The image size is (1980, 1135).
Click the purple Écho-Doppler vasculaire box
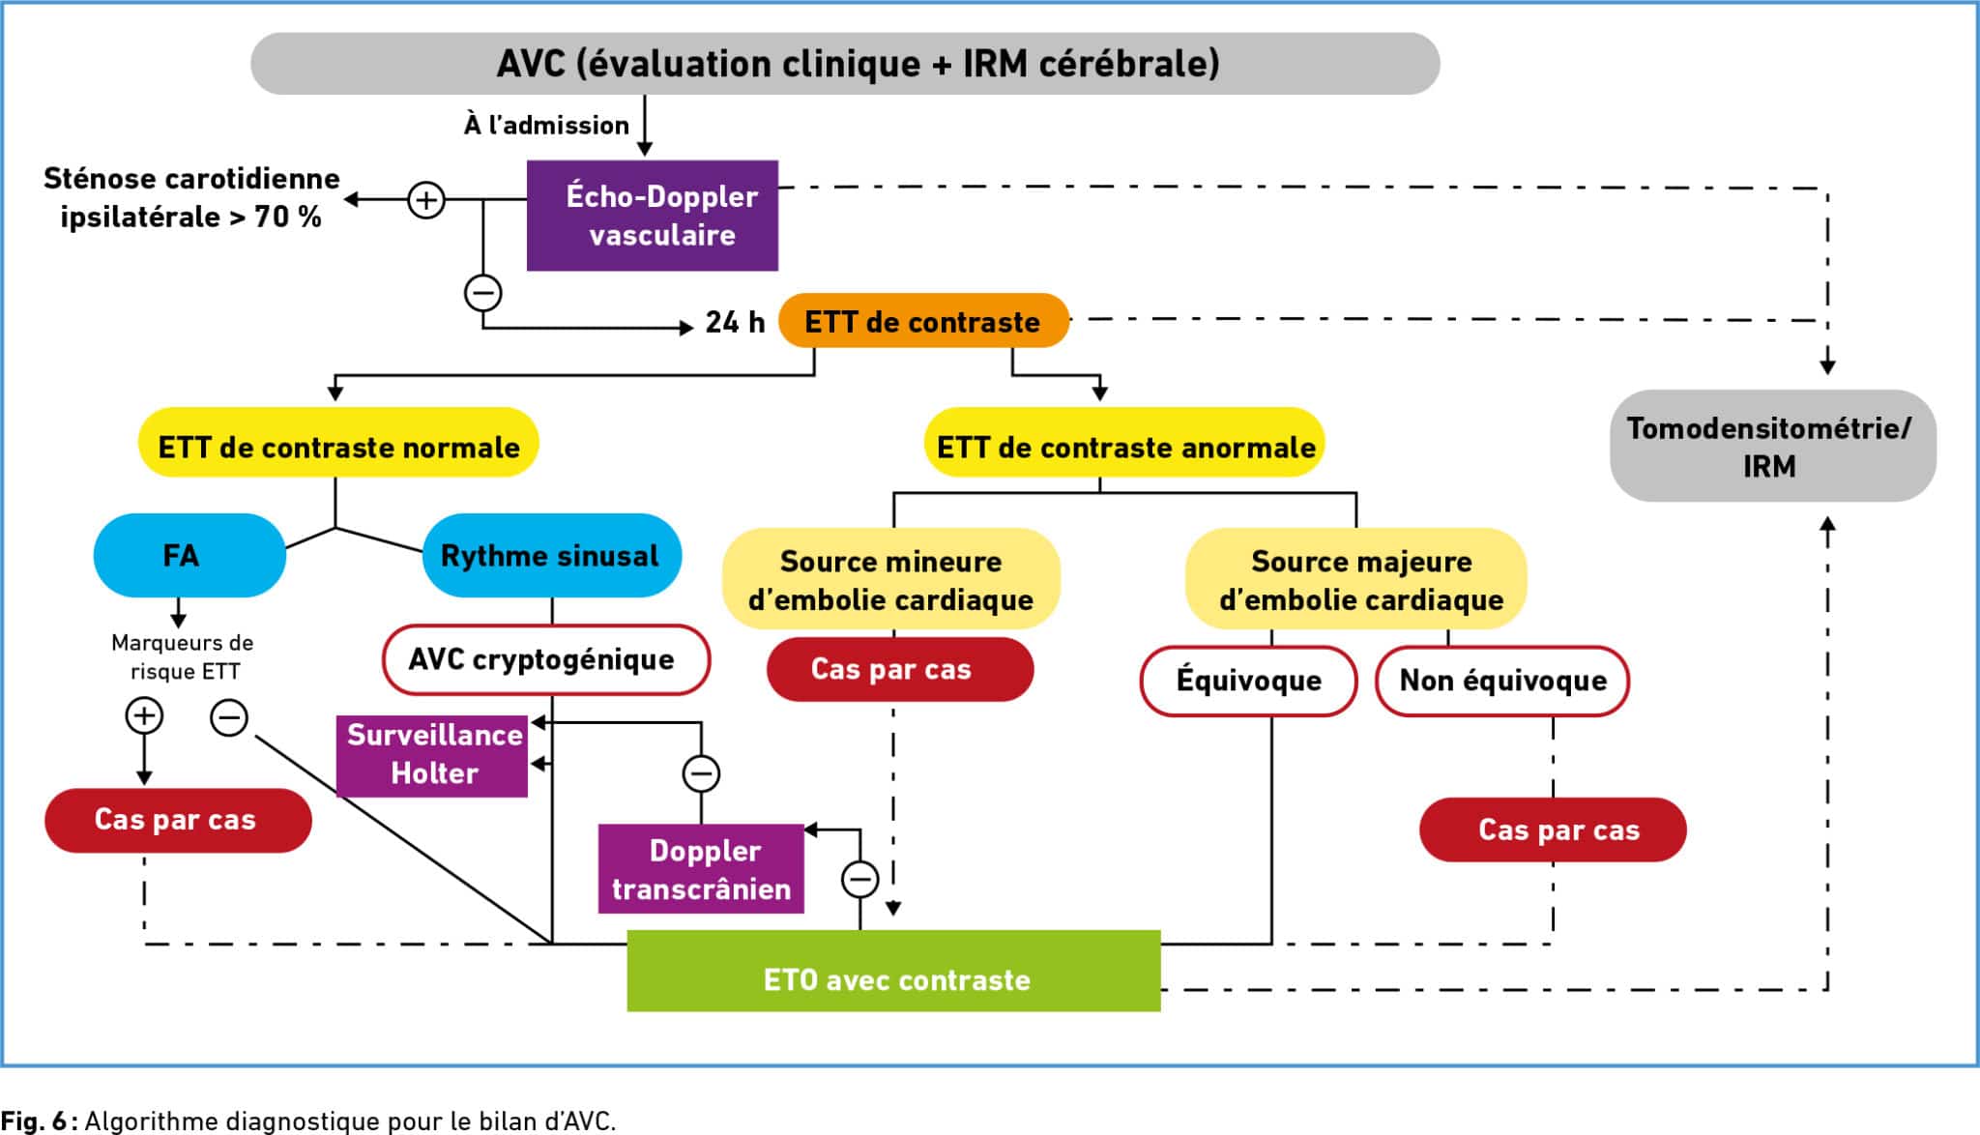pos(653,216)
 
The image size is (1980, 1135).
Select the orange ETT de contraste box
pos(923,321)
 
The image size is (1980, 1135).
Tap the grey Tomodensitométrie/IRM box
pos(1772,447)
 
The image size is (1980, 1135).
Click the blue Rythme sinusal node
pos(551,556)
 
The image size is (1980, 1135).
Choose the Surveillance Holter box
pos(432,755)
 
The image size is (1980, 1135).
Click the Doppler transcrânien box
pos(701,869)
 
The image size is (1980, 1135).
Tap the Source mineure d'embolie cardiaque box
pos(890,579)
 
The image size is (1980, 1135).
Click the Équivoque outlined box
pos(1248,682)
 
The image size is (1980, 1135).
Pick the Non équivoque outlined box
pos(1502,682)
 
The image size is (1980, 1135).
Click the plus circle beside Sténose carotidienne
pos(426,200)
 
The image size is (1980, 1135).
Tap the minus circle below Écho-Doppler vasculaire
pos(483,292)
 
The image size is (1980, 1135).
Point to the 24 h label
pos(735,322)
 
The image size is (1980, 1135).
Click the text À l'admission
pos(546,126)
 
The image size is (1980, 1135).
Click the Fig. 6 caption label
pos(35,1120)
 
